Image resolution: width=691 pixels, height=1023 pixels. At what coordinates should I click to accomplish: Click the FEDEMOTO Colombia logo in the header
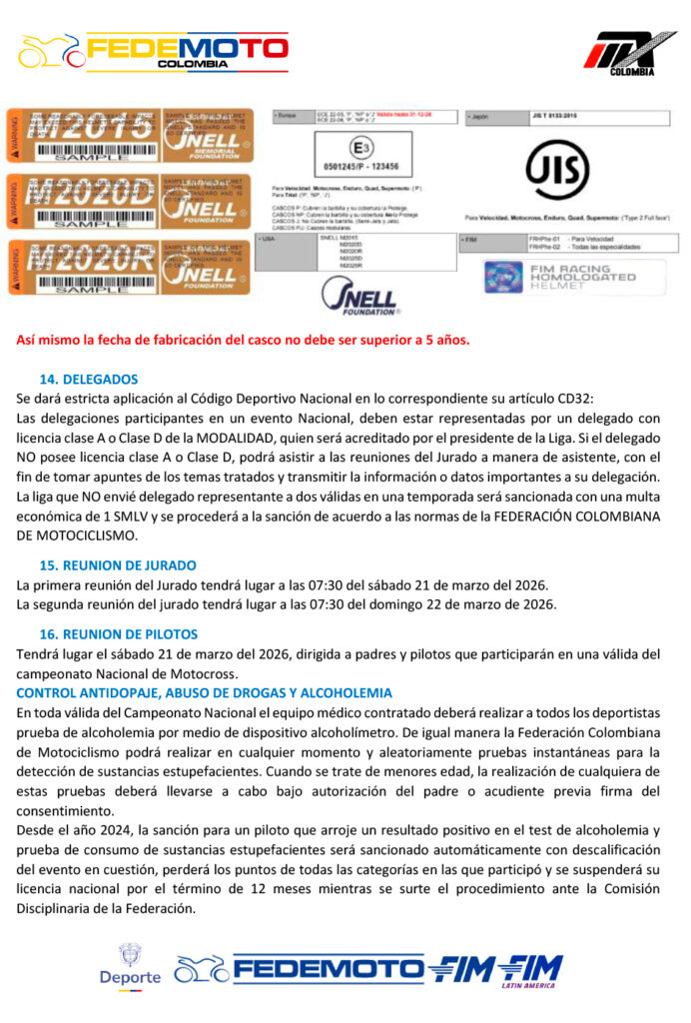pyautogui.click(x=155, y=51)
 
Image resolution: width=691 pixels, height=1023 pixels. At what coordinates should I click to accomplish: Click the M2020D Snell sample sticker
pyautogui.click(x=125, y=200)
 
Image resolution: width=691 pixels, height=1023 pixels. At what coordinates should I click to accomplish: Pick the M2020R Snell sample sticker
pyautogui.click(x=125, y=265)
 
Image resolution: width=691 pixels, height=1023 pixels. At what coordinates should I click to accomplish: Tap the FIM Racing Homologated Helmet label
pyautogui.click(x=573, y=277)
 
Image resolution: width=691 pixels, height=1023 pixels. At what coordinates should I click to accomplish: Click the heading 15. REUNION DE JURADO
pyautogui.click(x=117, y=564)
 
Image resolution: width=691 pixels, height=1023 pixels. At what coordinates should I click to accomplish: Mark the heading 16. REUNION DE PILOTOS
pyautogui.click(x=118, y=633)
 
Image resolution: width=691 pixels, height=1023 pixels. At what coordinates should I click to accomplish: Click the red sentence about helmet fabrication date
pyautogui.click(x=243, y=340)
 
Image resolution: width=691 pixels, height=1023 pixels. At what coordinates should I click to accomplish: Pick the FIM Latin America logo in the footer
pyautogui.click(x=530, y=969)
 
